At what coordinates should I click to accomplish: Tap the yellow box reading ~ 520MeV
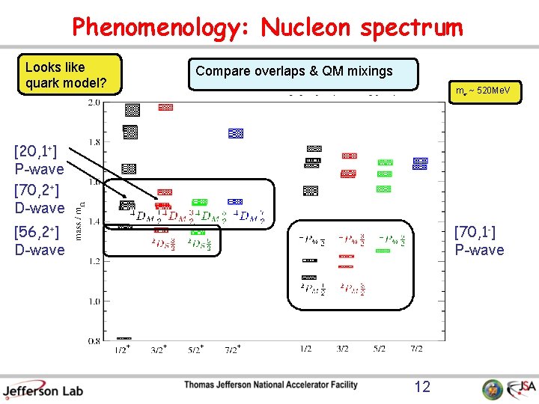(x=484, y=91)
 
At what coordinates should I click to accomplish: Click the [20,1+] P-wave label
(x=39, y=160)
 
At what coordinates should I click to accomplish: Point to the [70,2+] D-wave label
(x=39, y=198)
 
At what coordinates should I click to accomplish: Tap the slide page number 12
(x=422, y=386)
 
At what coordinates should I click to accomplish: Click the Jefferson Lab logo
(x=43, y=389)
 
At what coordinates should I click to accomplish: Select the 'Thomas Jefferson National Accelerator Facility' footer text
(x=271, y=385)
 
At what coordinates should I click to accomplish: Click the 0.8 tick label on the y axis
(x=95, y=341)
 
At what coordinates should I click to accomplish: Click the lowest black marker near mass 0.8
(x=124, y=338)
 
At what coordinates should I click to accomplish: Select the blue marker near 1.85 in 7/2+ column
(x=236, y=133)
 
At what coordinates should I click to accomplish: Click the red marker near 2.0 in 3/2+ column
(x=165, y=107)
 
